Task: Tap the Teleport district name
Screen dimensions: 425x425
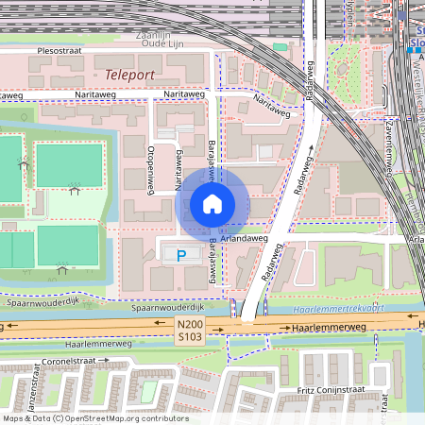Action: [129, 73]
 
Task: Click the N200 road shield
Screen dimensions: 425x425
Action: [190, 323]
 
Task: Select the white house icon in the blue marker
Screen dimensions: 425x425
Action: [212, 203]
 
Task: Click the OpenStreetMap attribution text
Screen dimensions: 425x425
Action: [95, 417]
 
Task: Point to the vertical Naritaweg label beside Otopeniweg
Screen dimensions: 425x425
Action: [177, 170]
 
